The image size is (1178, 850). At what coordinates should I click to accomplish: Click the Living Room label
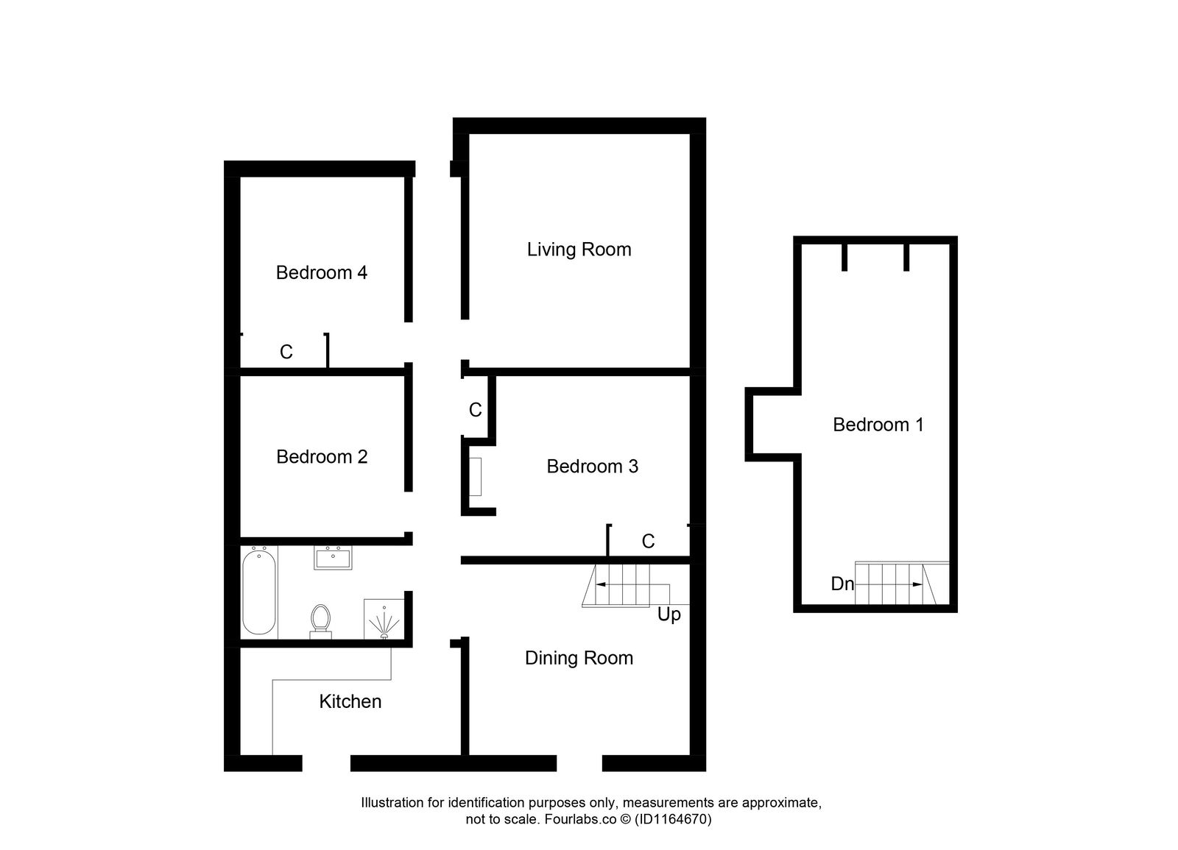click(x=579, y=249)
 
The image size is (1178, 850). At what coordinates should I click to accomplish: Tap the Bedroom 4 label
click(x=321, y=273)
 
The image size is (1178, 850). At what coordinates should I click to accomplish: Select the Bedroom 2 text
click(x=322, y=457)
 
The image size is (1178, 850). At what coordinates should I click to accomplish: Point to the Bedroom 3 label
click(x=592, y=467)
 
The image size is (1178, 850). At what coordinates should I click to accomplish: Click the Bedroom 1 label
click(x=878, y=425)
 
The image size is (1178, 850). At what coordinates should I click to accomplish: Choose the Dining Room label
click(x=579, y=658)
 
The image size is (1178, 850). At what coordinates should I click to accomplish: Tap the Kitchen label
click(x=350, y=701)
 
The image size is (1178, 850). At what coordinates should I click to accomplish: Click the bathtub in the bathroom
click(x=259, y=590)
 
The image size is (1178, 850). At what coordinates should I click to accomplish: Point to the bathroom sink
click(x=333, y=557)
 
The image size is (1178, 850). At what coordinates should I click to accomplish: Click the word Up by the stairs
click(x=669, y=615)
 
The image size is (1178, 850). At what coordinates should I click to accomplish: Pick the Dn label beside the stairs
click(x=842, y=584)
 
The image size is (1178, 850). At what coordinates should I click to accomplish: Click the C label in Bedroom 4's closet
click(x=286, y=353)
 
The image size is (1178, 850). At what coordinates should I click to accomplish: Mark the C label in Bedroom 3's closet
click(x=648, y=542)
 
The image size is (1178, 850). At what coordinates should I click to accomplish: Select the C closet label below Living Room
click(x=475, y=410)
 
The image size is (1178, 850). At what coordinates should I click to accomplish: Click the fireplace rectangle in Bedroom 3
click(x=475, y=476)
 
